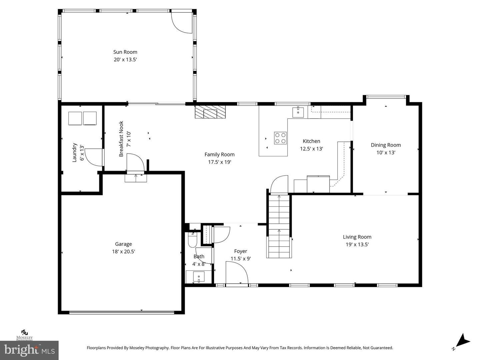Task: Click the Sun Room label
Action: [x=125, y=52]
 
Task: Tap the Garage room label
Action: [x=123, y=244]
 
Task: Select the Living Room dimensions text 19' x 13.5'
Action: [x=357, y=244]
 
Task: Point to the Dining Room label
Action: [x=386, y=145]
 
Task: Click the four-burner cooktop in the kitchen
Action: [x=280, y=138]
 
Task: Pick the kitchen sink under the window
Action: [x=298, y=112]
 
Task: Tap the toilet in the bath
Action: [x=192, y=240]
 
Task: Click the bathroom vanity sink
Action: [x=199, y=277]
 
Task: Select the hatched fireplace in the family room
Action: [x=210, y=112]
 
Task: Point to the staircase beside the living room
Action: [x=279, y=226]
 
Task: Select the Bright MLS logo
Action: [x=29, y=350]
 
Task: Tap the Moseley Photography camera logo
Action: [x=25, y=332]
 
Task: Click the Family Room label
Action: [x=220, y=155]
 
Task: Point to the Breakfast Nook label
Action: [x=121, y=139]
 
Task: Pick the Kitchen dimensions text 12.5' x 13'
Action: [x=311, y=149]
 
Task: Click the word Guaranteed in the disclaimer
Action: [x=381, y=348]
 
